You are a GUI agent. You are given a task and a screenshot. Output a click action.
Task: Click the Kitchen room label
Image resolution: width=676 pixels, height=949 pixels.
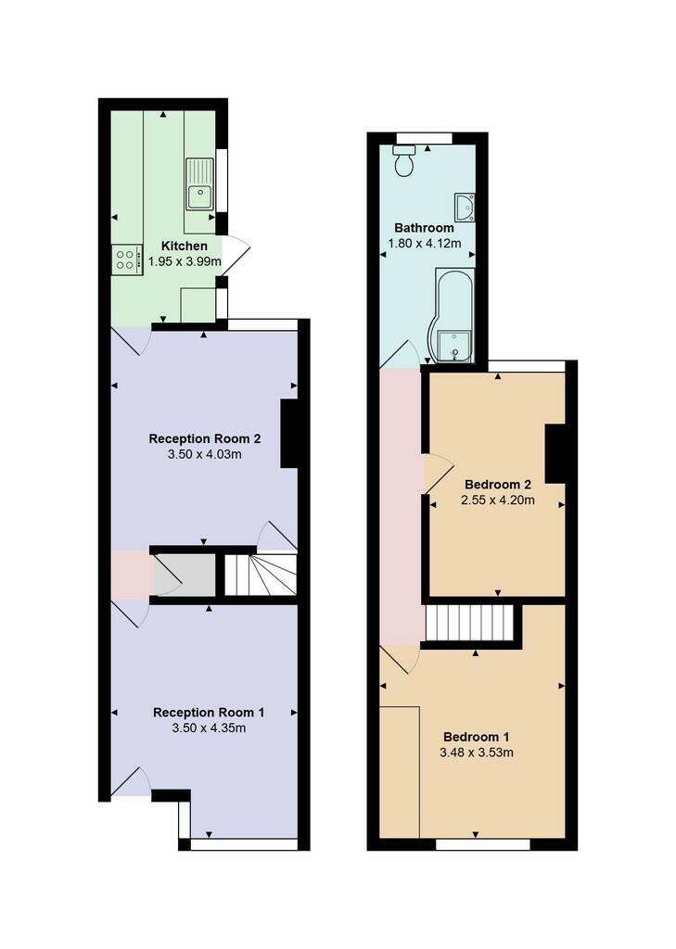pos(185,246)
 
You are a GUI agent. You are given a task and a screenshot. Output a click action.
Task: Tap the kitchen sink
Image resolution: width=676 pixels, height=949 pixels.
pos(199,184)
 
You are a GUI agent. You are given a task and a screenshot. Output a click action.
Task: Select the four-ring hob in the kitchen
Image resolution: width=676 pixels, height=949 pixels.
pos(127,259)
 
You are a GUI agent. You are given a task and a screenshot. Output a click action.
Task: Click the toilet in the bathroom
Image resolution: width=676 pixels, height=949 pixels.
pos(404,159)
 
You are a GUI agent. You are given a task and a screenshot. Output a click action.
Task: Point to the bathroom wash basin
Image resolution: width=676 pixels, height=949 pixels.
pos(466,207)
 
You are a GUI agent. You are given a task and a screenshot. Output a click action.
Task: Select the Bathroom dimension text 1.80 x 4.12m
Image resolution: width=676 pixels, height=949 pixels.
pos(424,244)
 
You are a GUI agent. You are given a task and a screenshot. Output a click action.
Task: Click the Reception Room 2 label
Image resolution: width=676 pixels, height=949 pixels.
pos(205,438)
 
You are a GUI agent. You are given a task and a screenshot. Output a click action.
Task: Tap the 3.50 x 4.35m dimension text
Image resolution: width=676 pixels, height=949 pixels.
pos(209,728)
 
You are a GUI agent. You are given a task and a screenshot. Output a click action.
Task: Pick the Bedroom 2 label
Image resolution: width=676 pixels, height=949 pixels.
pos(498,484)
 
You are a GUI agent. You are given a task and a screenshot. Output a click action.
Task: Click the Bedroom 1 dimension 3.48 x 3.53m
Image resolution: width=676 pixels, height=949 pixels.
pos(477,753)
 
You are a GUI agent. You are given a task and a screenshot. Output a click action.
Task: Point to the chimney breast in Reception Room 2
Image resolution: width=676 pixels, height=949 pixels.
pos(289,434)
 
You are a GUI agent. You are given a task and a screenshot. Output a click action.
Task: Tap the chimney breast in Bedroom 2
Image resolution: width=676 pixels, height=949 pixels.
pos(555,453)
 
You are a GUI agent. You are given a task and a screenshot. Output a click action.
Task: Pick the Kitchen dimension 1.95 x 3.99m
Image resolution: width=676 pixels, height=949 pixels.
pos(185,262)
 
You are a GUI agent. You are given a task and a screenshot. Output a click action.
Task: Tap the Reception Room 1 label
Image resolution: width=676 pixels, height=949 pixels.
pos(209,713)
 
